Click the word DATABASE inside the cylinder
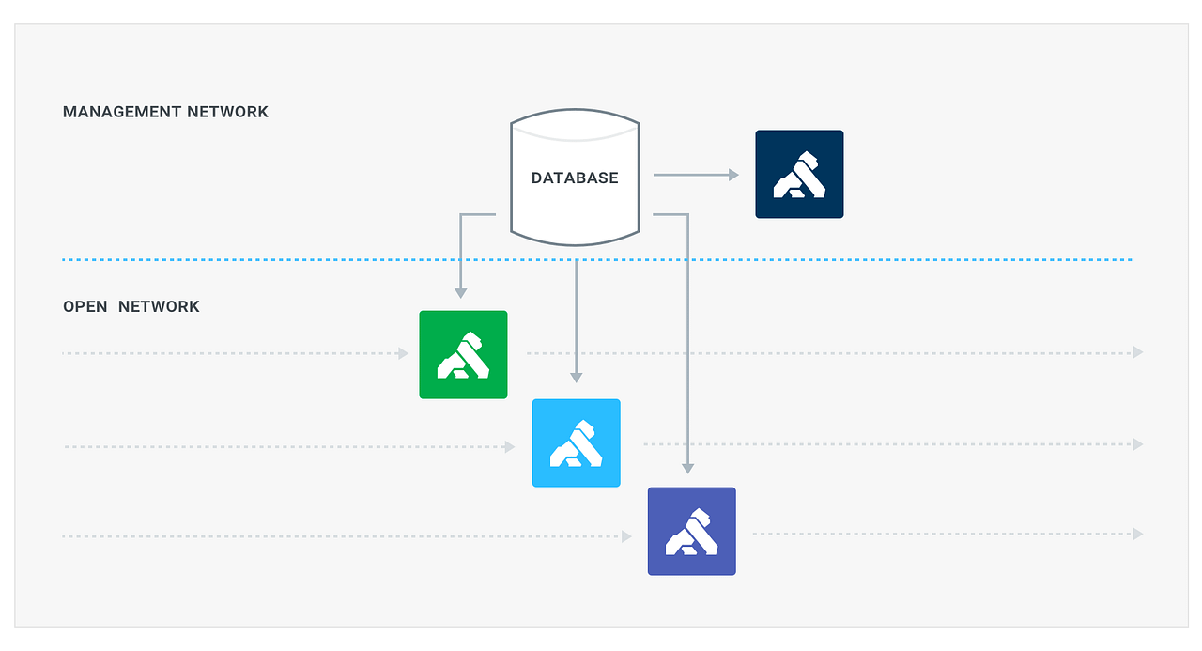click(x=575, y=178)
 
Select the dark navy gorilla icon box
click(x=799, y=174)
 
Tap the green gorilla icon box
click(x=463, y=354)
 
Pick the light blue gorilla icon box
click(x=577, y=442)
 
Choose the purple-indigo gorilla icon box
click(x=692, y=531)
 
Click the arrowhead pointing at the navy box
click(x=733, y=175)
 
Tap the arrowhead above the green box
click(x=460, y=292)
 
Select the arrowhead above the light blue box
click(x=577, y=377)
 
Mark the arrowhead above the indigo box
click(x=688, y=467)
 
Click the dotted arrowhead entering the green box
click(x=404, y=353)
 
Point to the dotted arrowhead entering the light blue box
click(x=510, y=447)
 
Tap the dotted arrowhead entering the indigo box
click(x=626, y=536)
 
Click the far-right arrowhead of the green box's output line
click(x=1138, y=352)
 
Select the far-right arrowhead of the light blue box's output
click(x=1138, y=444)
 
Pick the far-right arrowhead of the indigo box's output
click(x=1138, y=534)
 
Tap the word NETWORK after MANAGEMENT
click(x=227, y=112)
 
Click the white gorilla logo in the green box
click(x=463, y=355)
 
